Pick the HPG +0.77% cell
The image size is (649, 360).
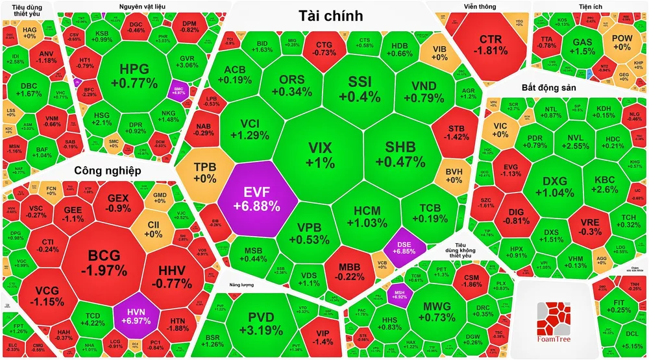(x=134, y=75)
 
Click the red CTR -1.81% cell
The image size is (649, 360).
(x=490, y=43)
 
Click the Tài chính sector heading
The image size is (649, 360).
(x=331, y=16)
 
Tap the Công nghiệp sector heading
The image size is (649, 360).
(x=108, y=171)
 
